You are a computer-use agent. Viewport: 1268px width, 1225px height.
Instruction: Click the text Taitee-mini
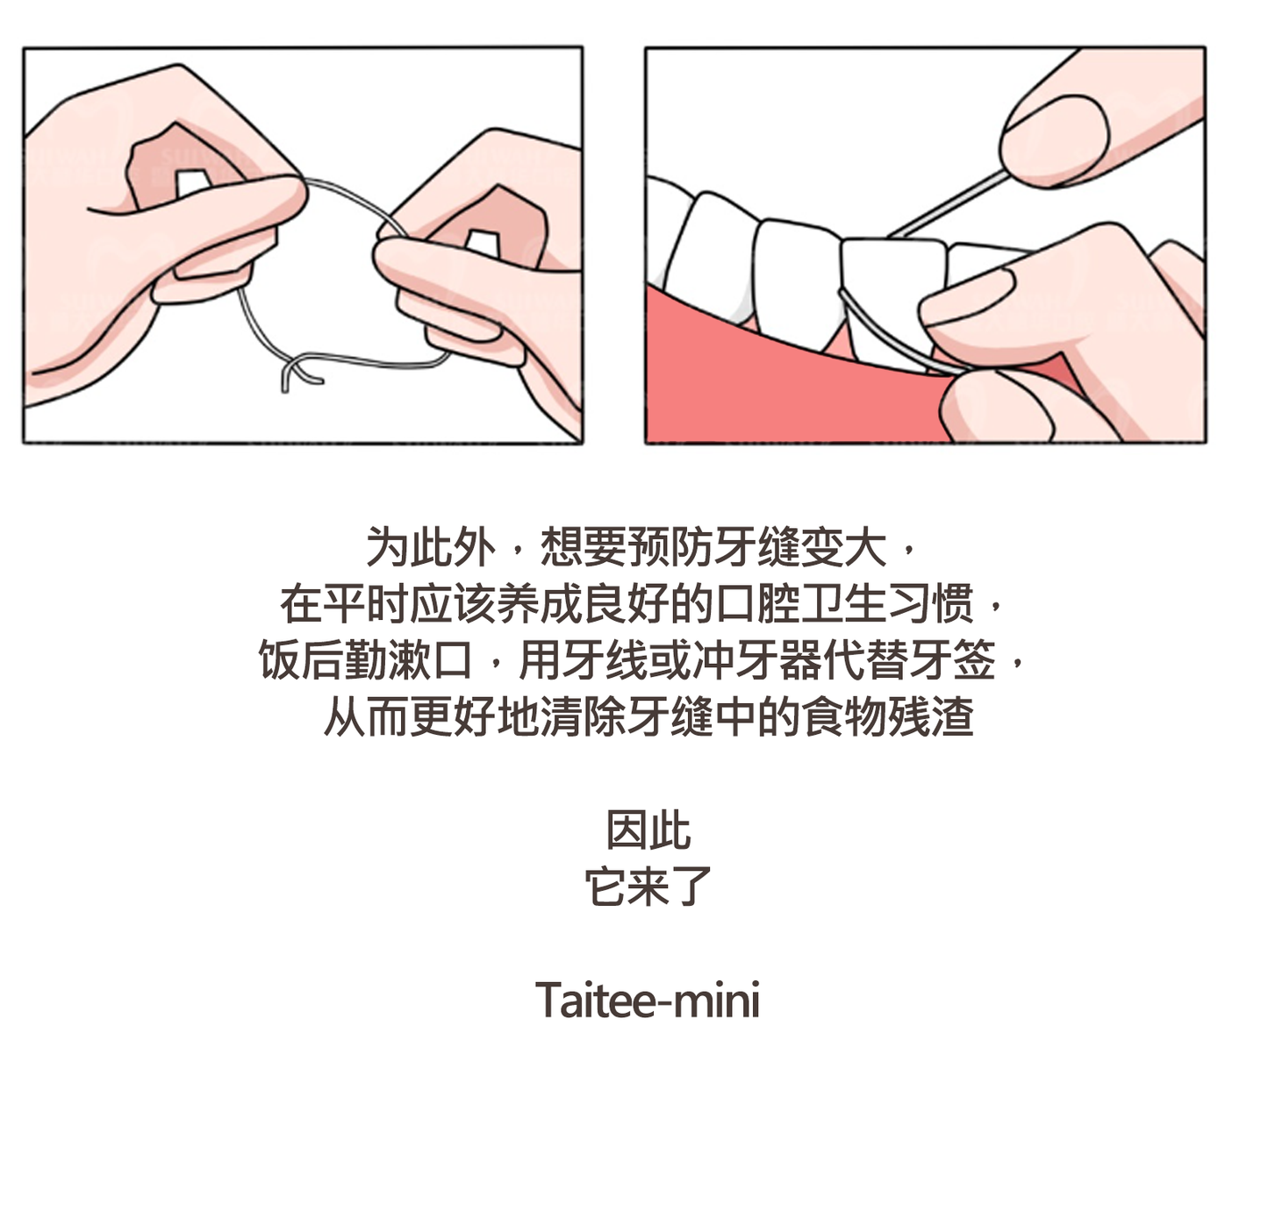click(x=647, y=1000)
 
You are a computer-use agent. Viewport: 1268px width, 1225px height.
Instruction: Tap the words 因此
click(x=648, y=830)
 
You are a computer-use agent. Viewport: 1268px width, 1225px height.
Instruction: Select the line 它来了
click(x=648, y=887)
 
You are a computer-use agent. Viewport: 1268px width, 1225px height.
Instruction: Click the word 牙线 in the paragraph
click(x=605, y=659)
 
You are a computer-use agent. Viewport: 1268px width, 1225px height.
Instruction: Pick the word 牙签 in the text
click(x=953, y=659)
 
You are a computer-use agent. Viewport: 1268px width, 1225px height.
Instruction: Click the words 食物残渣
click(x=888, y=716)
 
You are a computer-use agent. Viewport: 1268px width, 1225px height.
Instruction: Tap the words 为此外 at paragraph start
click(x=431, y=546)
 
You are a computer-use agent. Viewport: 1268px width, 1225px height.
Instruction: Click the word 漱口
click(x=430, y=659)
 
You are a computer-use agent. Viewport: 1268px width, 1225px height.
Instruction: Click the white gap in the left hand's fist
click(x=192, y=182)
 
